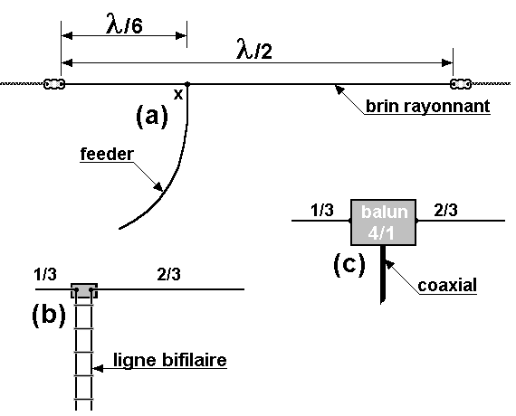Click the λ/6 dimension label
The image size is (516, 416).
pos(124,24)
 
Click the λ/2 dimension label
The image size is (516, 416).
pos(254,50)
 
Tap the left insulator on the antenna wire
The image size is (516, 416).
pos(54,84)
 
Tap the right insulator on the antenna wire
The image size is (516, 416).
pos(461,84)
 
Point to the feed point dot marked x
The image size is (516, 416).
pos(187,84)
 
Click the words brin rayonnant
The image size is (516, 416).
pos(428,106)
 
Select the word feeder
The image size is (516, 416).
pos(108,154)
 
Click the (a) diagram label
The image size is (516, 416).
pos(152,116)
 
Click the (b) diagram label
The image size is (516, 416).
pos(49,315)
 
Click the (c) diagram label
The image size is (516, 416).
pos(349,264)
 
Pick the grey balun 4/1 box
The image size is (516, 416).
pos(384,222)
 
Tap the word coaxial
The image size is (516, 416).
pos(447,286)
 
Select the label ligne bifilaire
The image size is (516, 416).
pos(170,360)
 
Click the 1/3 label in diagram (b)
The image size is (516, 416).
pos(45,274)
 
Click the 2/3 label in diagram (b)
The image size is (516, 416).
pos(168,274)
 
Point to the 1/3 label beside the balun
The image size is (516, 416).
pos(322,210)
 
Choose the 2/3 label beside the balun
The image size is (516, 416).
pos(445,210)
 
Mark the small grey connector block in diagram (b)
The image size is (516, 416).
pos(84,290)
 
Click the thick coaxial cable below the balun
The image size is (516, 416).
pos(383,274)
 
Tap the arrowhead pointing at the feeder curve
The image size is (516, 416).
pos(158,187)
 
